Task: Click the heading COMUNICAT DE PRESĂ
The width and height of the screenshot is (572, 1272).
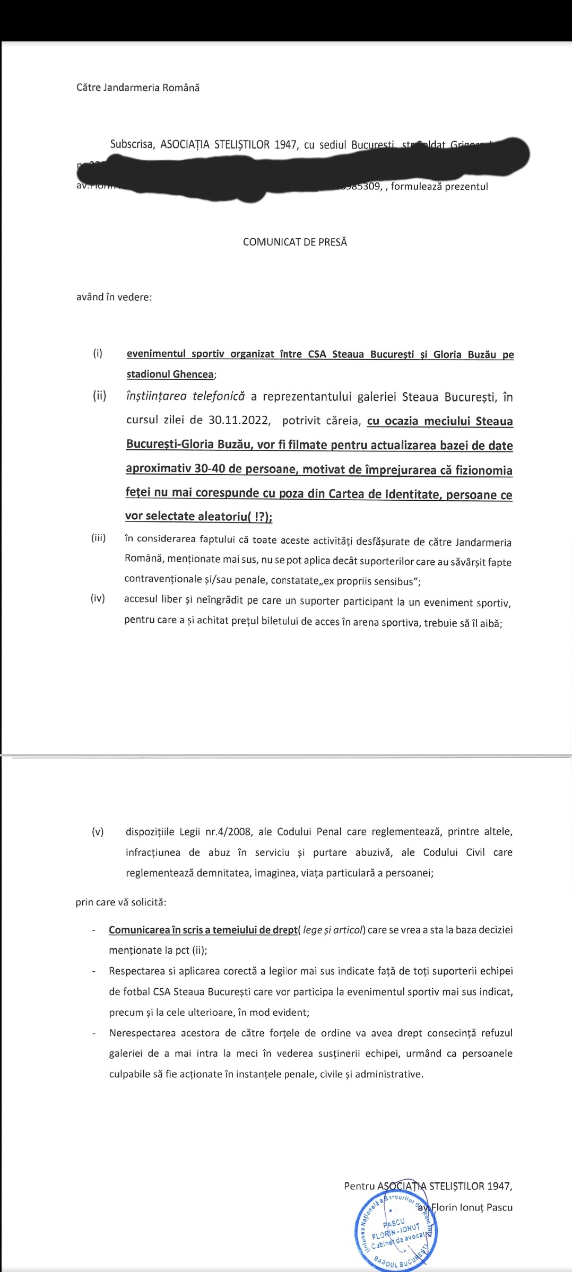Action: pyautogui.click(x=294, y=242)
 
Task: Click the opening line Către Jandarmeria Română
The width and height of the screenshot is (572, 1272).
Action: pyautogui.click(x=138, y=88)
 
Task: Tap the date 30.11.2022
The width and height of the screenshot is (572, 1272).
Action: pyautogui.click(x=240, y=421)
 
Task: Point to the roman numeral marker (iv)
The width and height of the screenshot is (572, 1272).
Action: pyautogui.click(x=98, y=599)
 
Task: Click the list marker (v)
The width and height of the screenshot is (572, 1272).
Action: pyautogui.click(x=98, y=832)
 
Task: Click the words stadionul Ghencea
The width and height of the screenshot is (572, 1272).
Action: pyautogui.click(x=170, y=374)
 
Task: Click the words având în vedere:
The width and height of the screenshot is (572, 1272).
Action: pyautogui.click(x=114, y=297)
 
